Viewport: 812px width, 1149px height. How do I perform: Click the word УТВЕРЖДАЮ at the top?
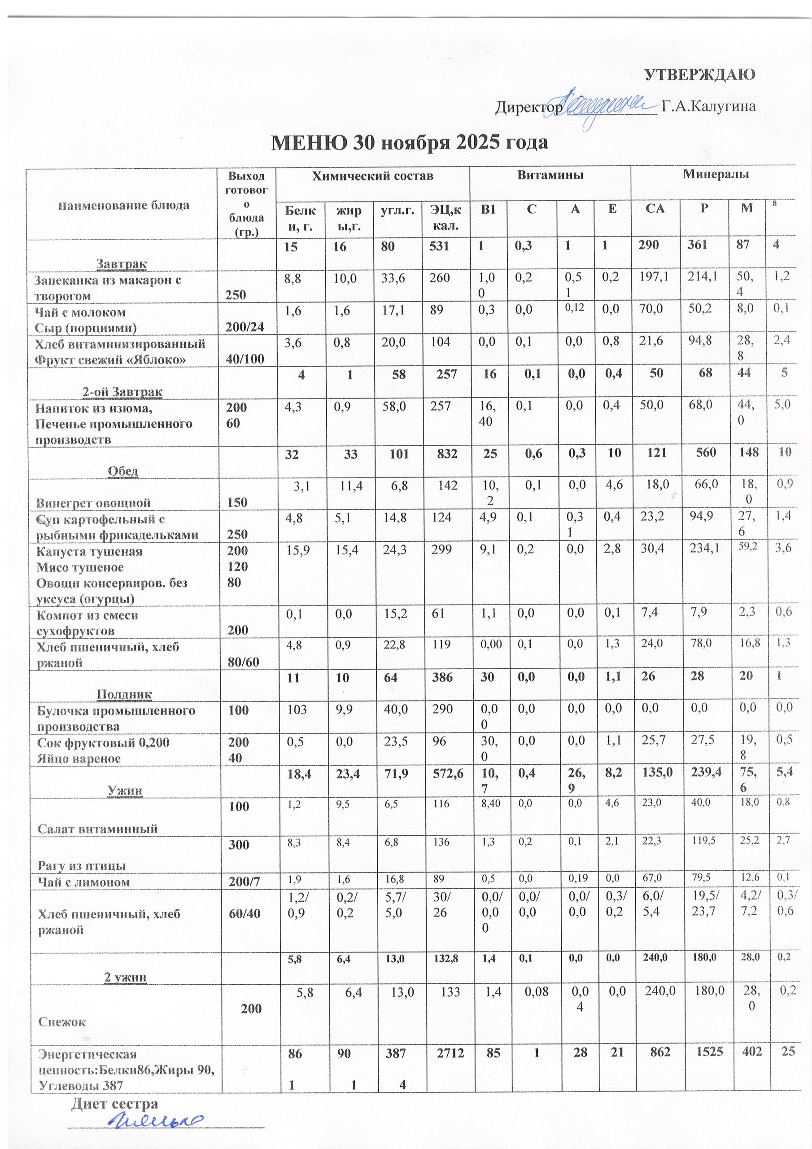tap(698, 75)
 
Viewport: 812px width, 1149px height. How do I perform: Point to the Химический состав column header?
tap(372, 176)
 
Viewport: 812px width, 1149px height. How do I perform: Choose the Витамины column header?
tap(550, 175)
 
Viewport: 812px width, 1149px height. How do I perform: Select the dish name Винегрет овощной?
tap(93, 502)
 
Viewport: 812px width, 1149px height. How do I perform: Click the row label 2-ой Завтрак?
tap(122, 391)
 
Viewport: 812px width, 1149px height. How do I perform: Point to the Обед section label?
tap(123, 471)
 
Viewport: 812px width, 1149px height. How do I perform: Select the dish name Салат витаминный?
tap(97, 828)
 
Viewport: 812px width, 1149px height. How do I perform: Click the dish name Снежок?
tap(62, 1022)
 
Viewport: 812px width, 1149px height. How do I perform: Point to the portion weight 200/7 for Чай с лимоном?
tap(244, 882)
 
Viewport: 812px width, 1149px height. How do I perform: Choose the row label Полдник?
tap(124, 693)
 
